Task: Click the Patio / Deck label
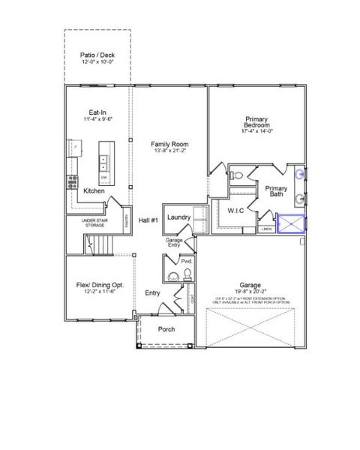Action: [x=97, y=55]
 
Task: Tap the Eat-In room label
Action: [x=97, y=112]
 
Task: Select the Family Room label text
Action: [x=169, y=144]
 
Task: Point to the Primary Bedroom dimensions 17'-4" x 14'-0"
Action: [x=256, y=131]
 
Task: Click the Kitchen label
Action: [x=94, y=191]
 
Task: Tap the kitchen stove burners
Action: [x=73, y=181]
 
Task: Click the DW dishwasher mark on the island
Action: [x=104, y=177]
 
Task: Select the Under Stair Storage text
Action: [x=97, y=223]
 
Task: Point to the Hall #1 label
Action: [x=148, y=220]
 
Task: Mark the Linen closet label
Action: [x=266, y=229]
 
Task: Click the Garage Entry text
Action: [x=174, y=242]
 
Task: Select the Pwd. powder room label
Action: [x=187, y=261]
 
